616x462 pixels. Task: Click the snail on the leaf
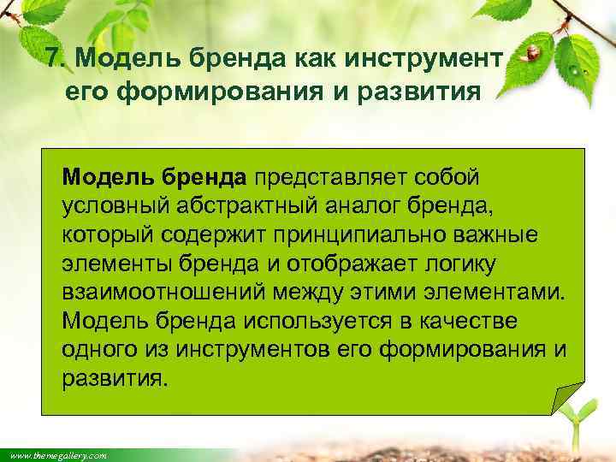pos(532,53)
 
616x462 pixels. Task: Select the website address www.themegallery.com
pos(55,456)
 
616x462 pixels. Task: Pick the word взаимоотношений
pos(163,293)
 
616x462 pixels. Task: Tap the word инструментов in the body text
pos(258,351)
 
